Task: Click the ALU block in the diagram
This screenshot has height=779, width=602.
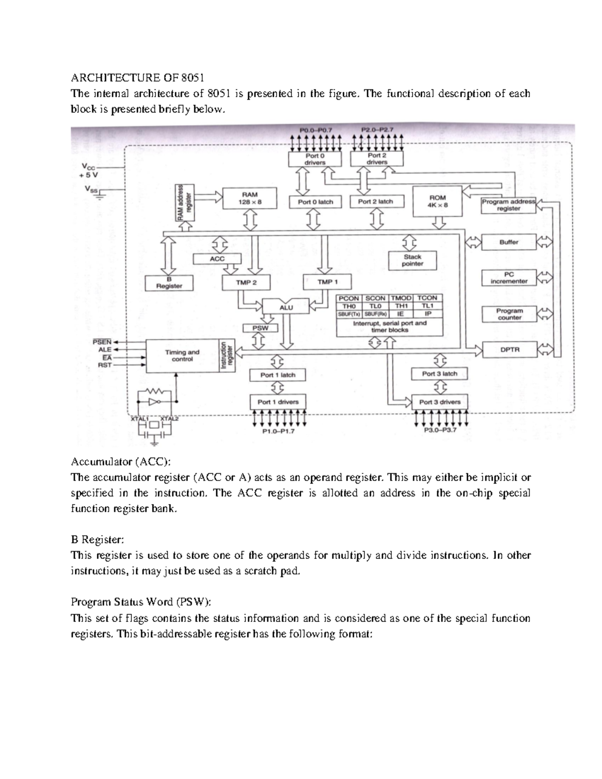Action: (285, 307)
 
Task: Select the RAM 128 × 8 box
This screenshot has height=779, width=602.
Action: (249, 198)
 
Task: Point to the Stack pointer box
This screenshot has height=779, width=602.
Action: (412, 260)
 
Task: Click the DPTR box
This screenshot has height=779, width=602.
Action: (509, 350)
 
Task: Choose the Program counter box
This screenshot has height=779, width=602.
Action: (509, 314)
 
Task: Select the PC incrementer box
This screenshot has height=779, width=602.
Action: (509, 278)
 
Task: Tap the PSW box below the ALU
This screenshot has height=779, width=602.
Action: (260, 328)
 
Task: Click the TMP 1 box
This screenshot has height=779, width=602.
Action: (328, 282)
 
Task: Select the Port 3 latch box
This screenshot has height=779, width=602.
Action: (439, 374)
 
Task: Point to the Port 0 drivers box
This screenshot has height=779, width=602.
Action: (315, 159)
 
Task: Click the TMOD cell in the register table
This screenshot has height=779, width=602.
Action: (401, 298)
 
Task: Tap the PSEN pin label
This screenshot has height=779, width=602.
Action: (102, 342)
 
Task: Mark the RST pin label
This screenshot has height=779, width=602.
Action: (104, 365)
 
